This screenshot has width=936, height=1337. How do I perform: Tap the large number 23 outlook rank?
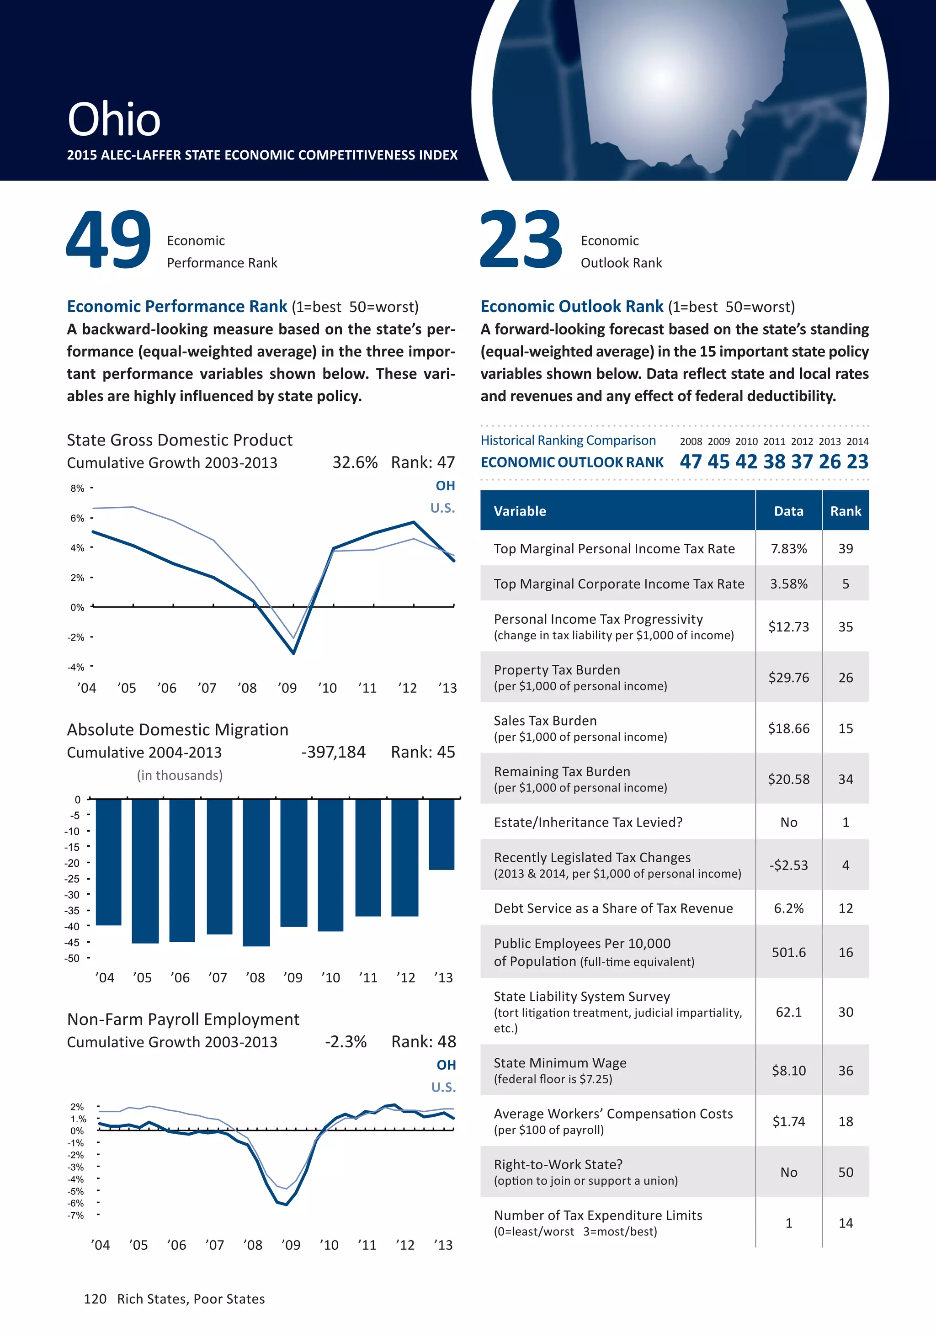(521, 239)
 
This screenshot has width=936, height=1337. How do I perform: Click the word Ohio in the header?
(114, 119)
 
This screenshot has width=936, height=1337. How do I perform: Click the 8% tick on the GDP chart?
(77, 488)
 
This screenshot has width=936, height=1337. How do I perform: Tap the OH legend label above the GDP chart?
(445, 486)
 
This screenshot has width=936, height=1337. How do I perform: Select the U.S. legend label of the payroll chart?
(443, 1087)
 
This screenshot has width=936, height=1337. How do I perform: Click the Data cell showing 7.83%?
(789, 548)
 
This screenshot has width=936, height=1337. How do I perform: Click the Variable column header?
(520, 511)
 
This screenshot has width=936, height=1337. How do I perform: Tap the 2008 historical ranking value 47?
(691, 462)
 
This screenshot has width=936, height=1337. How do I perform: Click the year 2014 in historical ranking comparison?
(857, 441)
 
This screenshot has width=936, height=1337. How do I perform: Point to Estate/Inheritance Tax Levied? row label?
(588, 822)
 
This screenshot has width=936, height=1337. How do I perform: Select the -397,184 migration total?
(333, 753)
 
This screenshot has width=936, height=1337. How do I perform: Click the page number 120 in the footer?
(95, 1299)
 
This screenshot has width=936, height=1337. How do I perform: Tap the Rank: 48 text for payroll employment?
(424, 1042)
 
